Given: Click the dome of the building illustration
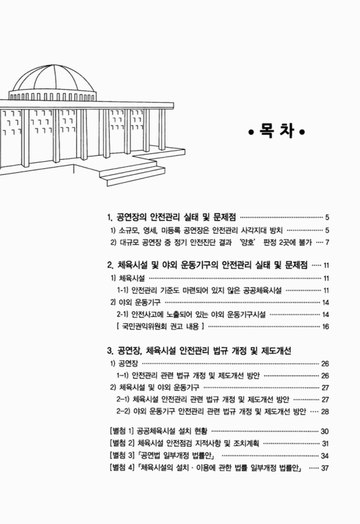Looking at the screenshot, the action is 61,75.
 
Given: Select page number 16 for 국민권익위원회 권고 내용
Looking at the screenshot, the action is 325,326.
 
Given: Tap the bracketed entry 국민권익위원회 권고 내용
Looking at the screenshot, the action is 160,326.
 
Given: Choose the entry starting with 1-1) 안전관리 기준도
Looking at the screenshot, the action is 209,290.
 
